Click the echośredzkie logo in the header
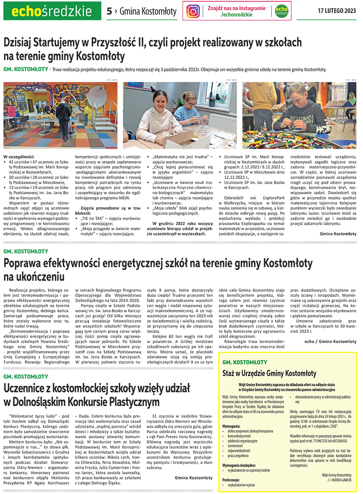click(52, 11)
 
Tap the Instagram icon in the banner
click(193, 11)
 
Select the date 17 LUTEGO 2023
click(337, 11)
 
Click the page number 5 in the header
click(109, 11)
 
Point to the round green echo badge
click(282, 11)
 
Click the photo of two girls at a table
click(180, 115)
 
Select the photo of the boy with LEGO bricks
click(299, 115)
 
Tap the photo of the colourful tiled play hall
click(60, 115)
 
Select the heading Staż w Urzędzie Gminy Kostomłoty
click(269, 373)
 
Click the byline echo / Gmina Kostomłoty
click(330, 341)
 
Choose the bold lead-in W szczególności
click(19, 157)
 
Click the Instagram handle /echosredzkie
click(237, 15)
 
